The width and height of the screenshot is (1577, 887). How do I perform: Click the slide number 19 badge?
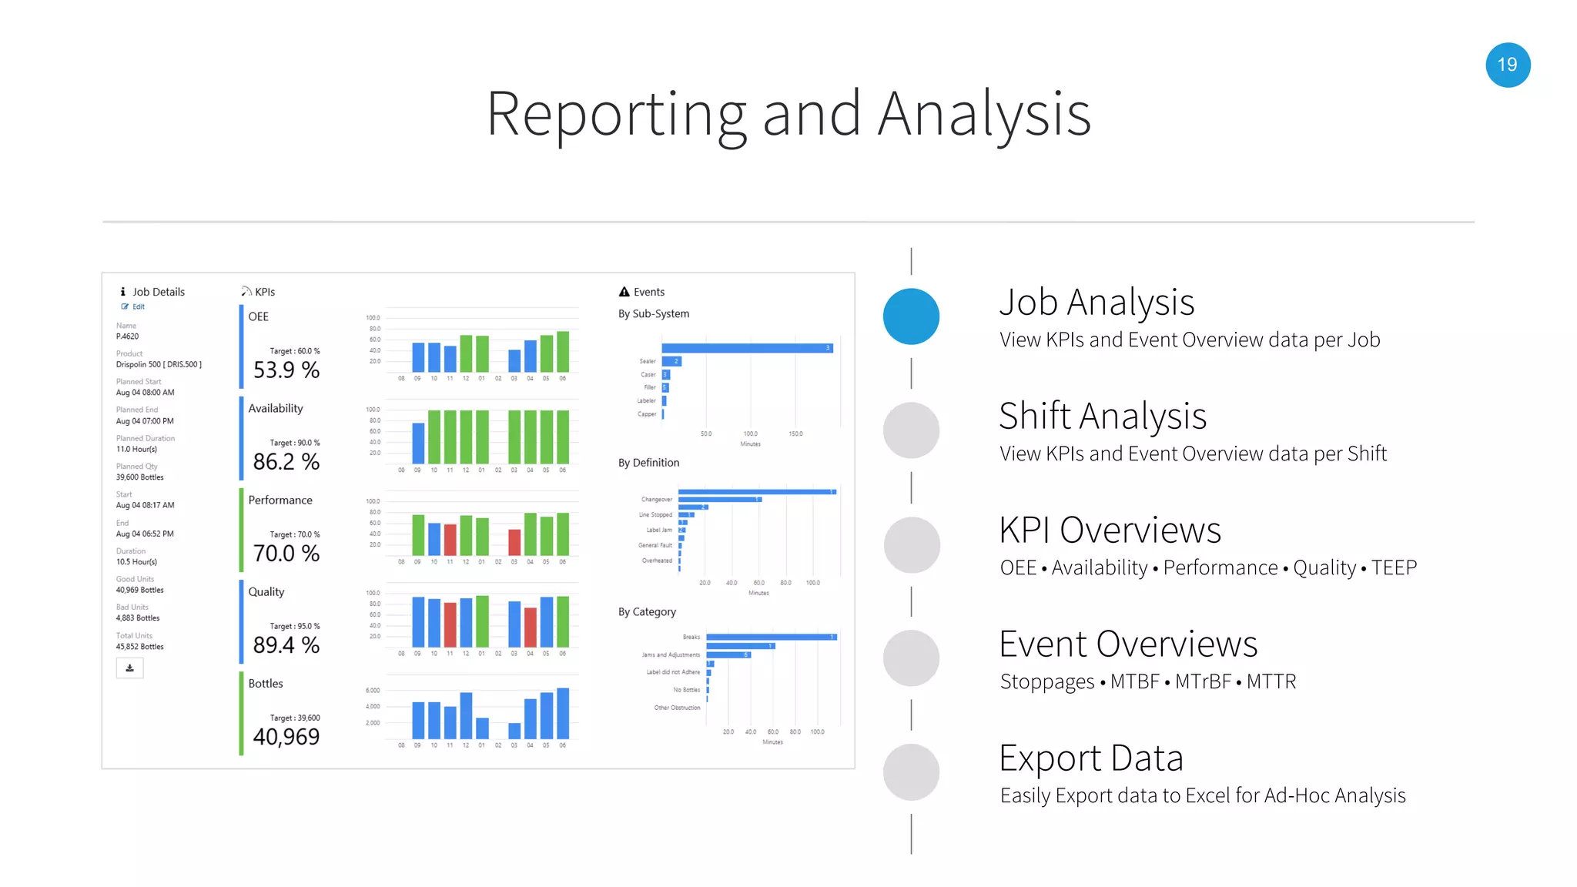[x=1507, y=65]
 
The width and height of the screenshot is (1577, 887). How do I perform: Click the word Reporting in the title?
[x=616, y=115]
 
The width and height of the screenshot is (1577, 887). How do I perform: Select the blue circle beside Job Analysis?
[x=911, y=316]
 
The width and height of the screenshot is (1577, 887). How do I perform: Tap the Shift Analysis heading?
[x=1102, y=417]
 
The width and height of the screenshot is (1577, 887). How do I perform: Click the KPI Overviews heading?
[x=1110, y=531]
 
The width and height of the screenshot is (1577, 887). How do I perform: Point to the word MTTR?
[x=1271, y=681]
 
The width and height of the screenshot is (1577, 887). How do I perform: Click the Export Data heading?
[x=1090, y=758]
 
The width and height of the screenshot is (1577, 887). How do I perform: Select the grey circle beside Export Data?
[x=911, y=772]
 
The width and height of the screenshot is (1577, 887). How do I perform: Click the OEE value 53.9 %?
[x=286, y=370]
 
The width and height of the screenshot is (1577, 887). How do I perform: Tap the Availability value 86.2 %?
[x=286, y=462]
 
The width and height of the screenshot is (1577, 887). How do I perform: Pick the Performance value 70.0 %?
[x=286, y=554]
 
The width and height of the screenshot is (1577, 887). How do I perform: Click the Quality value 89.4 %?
[x=286, y=645]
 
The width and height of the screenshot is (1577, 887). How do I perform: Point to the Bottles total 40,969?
[x=286, y=737]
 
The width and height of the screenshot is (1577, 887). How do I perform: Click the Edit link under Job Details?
[x=138, y=306]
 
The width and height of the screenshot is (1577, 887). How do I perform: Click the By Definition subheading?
[x=648, y=463]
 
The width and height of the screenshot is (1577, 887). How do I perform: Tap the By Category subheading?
[x=647, y=612]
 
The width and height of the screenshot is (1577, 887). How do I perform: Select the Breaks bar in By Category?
[x=771, y=637]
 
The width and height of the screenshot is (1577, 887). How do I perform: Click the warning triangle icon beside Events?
[x=624, y=292]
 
